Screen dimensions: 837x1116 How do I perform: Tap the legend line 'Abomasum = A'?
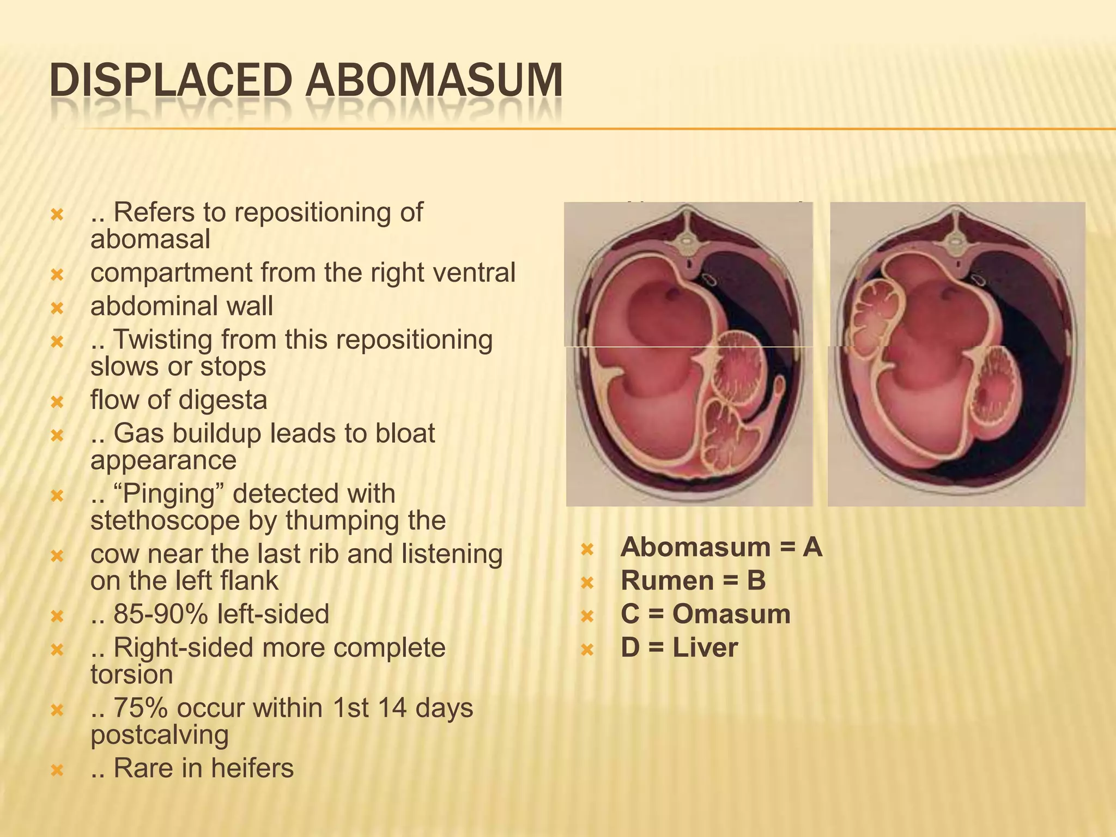tap(721, 547)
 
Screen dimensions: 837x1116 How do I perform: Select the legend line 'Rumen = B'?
tap(693, 581)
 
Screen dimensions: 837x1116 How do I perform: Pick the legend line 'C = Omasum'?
tap(705, 614)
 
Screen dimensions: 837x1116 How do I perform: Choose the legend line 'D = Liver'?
tap(679, 648)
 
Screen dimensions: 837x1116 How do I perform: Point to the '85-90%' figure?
tap(160, 614)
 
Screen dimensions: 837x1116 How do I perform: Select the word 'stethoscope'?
tap(165, 520)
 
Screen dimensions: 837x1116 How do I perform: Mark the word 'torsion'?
tap(132, 675)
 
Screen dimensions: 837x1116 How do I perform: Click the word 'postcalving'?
tap(160, 735)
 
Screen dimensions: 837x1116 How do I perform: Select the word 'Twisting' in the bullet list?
tap(163, 340)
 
